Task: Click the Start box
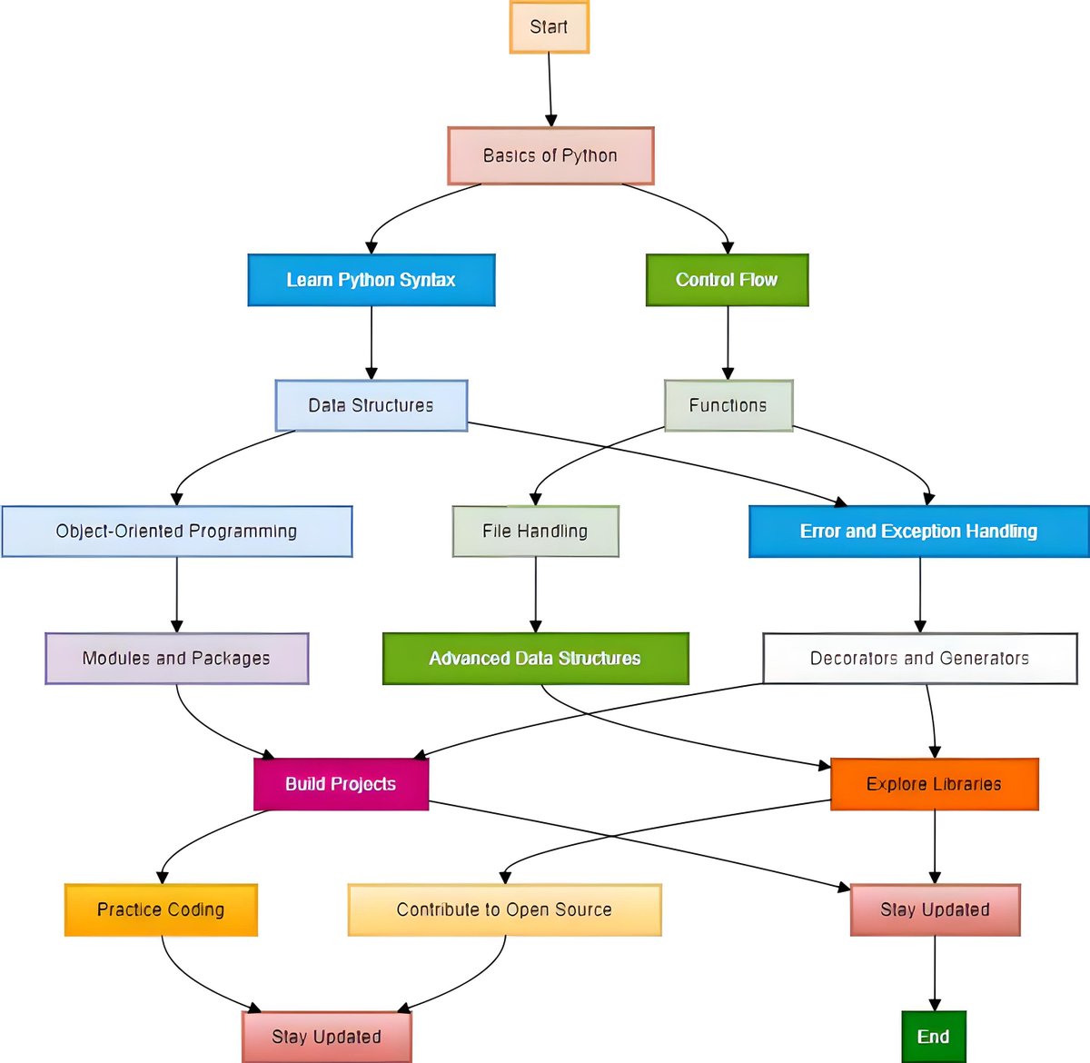pos(549,27)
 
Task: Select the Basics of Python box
pos(550,156)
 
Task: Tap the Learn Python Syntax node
pos(372,280)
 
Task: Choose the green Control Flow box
pos(727,280)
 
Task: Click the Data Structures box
pos(372,405)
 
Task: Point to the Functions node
pos(728,405)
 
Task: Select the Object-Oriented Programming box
pos(177,531)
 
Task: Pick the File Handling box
pos(536,531)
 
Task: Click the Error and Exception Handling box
pos(918,531)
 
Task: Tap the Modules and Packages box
pos(177,659)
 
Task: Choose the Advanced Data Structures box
pos(536,659)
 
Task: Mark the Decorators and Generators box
pos(919,659)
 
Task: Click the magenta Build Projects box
pos(341,784)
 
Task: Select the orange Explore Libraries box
pos(934,784)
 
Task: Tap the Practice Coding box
pos(161,909)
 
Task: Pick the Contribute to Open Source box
pos(504,909)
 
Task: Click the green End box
pos(934,1037)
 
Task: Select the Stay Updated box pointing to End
pos(935,909)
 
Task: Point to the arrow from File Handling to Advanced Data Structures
pos(536,595)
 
